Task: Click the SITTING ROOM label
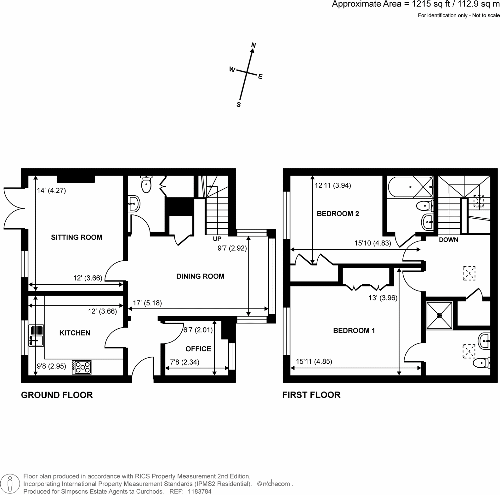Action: click(x=77, y=237)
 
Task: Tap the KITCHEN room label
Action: click(x=75, y=333)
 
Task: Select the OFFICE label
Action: click(x=198, y=349)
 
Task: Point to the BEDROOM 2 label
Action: click(x=338, y=214)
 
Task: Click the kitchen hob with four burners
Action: click(x=82, y=367)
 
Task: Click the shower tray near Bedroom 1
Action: click(x=439, y=315)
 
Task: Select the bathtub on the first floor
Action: click(x=411, y=187)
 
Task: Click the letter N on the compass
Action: click(x=253, y=45)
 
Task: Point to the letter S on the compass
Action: click(x=239, y=105)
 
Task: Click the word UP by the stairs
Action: click(x=217, y=239)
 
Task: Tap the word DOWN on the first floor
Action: click(x=448, y=240)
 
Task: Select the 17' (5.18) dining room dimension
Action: click(x=147, y=303)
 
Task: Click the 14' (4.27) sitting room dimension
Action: click(x=51, y=191)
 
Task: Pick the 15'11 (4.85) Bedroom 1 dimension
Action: click(x=314, y=361)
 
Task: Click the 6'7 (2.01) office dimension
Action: click(x=198, y=330)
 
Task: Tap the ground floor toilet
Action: click(x=146, y=184)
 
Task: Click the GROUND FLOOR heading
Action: click(x=57, y=395)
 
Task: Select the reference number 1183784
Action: click(x=200, y=491)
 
